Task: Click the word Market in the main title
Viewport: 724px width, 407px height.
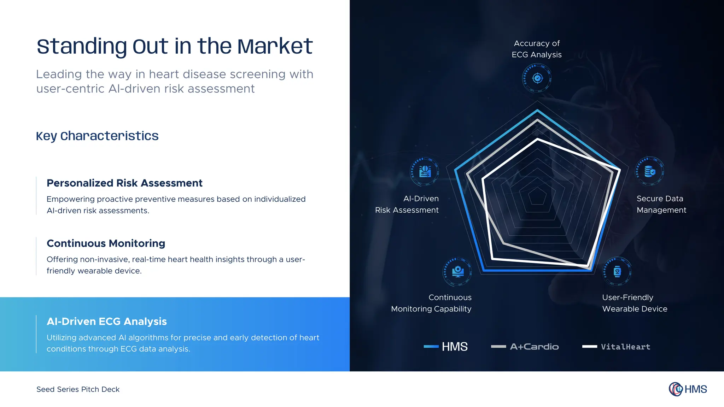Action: [x=275, y=46]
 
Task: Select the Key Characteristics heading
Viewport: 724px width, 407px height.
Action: [x=97, y=136]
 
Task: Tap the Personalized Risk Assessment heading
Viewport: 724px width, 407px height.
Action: [x=124, y=183]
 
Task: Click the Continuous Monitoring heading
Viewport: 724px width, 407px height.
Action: [x=106, y=243]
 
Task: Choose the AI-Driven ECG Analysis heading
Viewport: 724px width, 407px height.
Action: [x=106, y=322]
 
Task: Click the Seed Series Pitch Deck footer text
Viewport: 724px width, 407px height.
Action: [x=78, y=389]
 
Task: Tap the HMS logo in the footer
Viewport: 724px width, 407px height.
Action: [x=688, y=389]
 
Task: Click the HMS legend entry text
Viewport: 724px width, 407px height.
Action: [x=455, y=347]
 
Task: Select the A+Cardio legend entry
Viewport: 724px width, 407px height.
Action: [x=534, y=347]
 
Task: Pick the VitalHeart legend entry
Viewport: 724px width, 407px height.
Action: [x=625, y=347]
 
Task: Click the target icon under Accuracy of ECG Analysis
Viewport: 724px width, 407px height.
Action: [x=537, y=78]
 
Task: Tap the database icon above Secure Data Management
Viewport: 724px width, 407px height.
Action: [x=649, y=172]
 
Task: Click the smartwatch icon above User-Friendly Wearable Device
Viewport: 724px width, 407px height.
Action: [x=617, y=271]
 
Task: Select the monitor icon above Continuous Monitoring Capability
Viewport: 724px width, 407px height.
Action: [x=458, y=271]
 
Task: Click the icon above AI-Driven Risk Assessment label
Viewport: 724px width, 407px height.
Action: [x=425, y=172]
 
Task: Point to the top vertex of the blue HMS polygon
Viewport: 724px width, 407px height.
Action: [x=537, y=111]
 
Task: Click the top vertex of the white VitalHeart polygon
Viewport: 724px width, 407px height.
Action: [x=537, y=140]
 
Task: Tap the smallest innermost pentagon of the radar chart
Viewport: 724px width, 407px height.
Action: [x=537, y=196]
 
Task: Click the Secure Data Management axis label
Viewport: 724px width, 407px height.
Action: [x=661, y=204]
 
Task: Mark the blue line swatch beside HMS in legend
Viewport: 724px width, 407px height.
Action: [x=431, y=347]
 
